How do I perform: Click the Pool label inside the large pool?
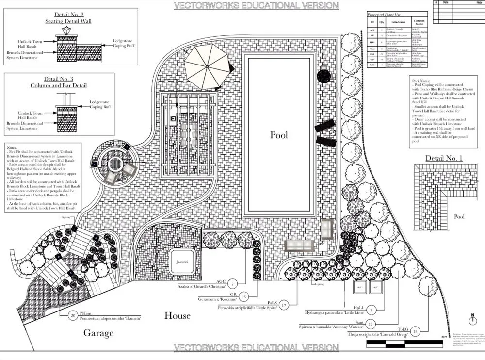pyautogui.click(x=278, y=135)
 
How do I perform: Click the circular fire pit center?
pyautogui.click(x=115, y=164)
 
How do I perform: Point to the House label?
pyautogui.click(x=177, y=316)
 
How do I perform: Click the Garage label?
pyautogui.click(x=98, y=333)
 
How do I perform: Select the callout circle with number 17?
pyautogui.click(x=284, y=305)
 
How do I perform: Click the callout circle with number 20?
pyautogui.click(x=73, y=315)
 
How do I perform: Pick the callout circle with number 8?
pyautogui.click(x=372, y=310)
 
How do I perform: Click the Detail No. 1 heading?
pyautogui.click(x=444, y=158)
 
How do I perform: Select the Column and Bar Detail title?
pyautogui.click(x=59, y=85)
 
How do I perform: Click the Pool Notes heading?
pyautogui.click(x=421, y=81)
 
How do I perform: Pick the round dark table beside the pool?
pyautogui.click(x=324, y=76)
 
